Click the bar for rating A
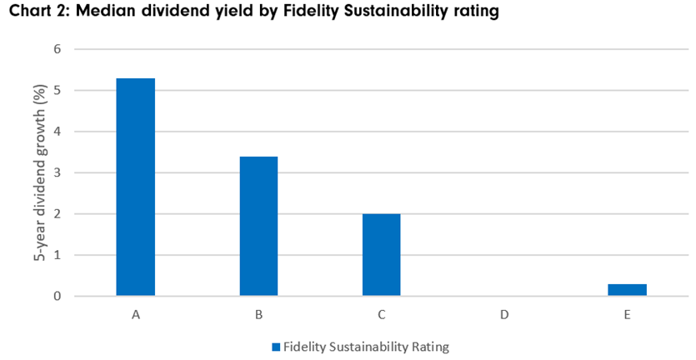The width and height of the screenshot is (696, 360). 135,187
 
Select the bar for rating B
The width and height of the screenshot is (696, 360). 258,226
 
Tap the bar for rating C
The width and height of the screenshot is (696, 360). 381,255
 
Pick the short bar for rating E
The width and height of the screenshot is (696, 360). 627,290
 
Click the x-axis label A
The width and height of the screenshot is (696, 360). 135,315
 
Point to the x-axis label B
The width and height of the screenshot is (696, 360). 258,315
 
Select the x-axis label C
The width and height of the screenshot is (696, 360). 381,315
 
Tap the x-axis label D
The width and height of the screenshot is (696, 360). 504,315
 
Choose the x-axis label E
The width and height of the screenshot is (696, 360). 627,315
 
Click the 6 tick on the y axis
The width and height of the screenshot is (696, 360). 58,49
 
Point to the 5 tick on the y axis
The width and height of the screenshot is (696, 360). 58,90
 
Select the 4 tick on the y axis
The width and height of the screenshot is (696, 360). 58,132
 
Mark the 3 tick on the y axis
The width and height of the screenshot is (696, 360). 58,172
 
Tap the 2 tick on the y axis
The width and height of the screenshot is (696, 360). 58,214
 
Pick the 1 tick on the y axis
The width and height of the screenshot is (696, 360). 58,255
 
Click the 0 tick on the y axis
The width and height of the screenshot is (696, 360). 58,296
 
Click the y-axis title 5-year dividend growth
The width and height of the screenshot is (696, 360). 38,172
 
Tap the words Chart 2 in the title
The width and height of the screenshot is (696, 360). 33,13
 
